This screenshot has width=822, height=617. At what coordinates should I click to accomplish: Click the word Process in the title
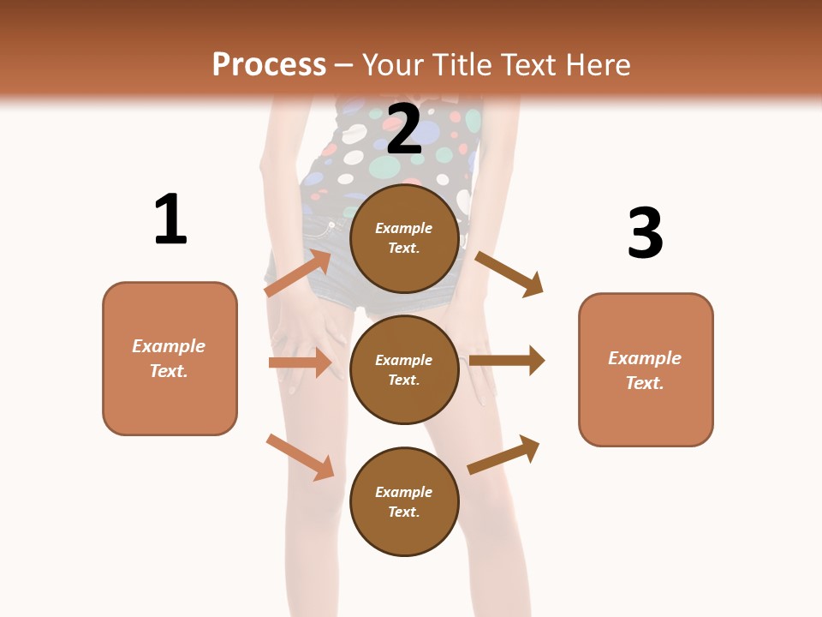[x=269, y=65]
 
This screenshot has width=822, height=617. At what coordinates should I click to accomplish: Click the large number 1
[x=171, y=219]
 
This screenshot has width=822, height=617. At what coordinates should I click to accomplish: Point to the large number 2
[x=404, y=129]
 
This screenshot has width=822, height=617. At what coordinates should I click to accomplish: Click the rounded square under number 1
[x=170, y=359]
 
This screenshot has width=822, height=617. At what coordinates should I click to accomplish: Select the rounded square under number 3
[x=646, y=370]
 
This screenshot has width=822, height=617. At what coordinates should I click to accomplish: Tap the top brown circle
[x=404, y=238]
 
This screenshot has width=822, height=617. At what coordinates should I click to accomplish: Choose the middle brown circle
[x=404, y=370]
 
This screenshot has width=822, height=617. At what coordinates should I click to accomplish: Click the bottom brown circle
[x=404, y=501]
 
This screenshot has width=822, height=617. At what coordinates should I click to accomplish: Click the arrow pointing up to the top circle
[x=298, y=273]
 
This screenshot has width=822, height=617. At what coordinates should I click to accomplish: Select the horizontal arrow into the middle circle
[x=300, y=362]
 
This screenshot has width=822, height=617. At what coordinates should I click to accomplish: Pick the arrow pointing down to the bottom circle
[x=301, y=458]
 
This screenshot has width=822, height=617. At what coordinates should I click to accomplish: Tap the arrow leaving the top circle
[x=509, y=274]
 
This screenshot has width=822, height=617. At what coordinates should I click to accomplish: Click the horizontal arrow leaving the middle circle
[x=507, y=361]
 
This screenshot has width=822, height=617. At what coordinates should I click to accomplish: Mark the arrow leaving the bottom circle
[x=503, y=454]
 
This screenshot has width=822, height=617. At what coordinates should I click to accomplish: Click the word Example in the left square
[x=169, y=346]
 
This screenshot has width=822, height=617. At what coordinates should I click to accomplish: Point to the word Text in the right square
[x=644, y=383]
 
